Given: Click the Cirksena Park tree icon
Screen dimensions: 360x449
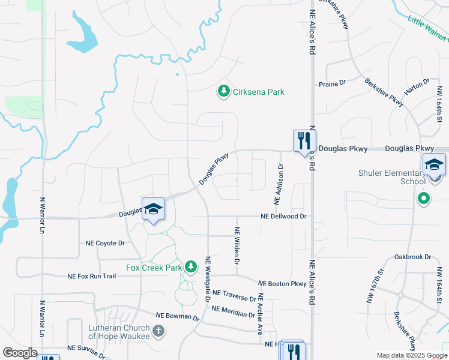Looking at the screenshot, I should pyautogui.click(x=224, y=91).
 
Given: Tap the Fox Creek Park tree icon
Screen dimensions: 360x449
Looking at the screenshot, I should pyautogui.click(x=191, y=266).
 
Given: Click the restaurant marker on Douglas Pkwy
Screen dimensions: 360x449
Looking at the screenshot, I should pyautogui.click(x=304, y=142).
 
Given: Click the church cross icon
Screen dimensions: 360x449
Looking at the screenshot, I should pyautogui.click(x=158, y=331).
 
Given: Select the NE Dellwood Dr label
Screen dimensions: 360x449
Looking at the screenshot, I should pyautogui.click(x=283, y=217).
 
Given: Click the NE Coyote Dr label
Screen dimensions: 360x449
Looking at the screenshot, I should pyautogui.click(x=105, y=243).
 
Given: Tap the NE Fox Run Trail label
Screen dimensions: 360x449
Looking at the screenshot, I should pyautogui.click(x=91, y=276).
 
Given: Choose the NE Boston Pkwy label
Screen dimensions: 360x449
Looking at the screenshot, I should pyautogui.click(x=282, y=283).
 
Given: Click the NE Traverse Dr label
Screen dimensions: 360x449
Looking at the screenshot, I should pyautogui.click(x=235, y=295).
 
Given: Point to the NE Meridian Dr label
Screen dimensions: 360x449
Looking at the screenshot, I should pyautogui.click(x=233, y=311).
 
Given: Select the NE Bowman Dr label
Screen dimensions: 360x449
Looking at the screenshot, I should pyautogui.click(x=177, y=316).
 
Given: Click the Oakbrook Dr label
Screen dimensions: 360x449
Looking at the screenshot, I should pyautogui.click(x=413, y=257).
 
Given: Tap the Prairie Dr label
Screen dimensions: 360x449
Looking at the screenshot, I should pyautogui.click(x=333, y=83).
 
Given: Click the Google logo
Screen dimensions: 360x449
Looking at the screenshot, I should pyautogui.click(x=20, y=352).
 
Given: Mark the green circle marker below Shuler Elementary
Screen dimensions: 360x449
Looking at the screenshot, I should pyautogui.click(x=423, y=198).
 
